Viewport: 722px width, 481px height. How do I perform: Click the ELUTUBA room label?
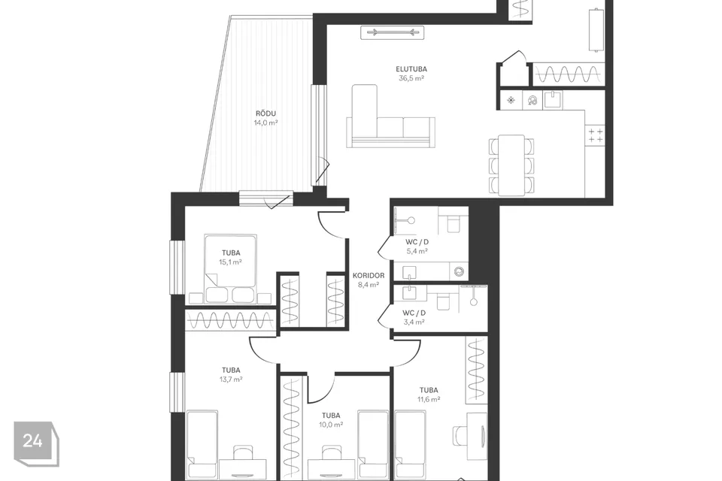click(x=411, y=69)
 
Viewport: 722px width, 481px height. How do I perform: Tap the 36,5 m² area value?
click(x=411, y=78)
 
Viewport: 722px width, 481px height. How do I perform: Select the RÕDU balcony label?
click(x=265, y=113)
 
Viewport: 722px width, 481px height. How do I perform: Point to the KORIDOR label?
click(x=369, y=275)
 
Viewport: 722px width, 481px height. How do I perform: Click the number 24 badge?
click(x=36, y=443)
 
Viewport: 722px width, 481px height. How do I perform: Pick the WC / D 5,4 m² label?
click(x=417, y=247)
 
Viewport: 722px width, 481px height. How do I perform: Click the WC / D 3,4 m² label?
click(x=414, y=317)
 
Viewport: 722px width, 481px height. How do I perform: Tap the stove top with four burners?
click(x=596, y=135)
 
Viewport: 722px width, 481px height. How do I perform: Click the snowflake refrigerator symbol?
click(x=511, y=100)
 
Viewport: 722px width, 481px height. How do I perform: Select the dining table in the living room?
click(x=511, y=165)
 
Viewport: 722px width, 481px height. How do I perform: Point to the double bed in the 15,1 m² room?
click(x=230, y=268)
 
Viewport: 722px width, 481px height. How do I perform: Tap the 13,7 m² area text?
click(x=231, y=380)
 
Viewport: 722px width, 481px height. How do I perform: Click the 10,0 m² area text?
click(x=331, y=425)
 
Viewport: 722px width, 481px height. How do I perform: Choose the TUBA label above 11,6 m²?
click(x=429, y=390)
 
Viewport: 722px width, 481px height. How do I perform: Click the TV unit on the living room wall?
click(x=393, y=32)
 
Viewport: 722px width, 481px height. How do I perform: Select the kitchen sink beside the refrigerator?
click(x=553, y=99)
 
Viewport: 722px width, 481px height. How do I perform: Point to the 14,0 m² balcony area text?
click(x=265, y=123)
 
